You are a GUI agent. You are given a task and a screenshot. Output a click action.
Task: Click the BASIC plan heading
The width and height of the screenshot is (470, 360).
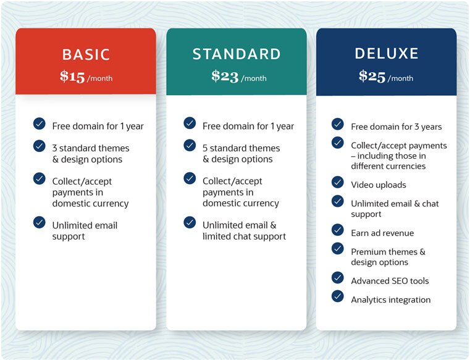tap(86, 54)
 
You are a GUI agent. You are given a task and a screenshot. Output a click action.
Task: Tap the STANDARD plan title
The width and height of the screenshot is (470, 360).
tap(237, 54)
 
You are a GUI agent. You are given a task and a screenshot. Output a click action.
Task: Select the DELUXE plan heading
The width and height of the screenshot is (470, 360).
tap(387, 54)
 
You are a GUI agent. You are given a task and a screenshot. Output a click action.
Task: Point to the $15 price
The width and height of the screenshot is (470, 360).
tap(72, 77)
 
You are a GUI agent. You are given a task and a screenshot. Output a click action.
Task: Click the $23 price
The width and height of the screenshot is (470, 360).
tap(225, 76)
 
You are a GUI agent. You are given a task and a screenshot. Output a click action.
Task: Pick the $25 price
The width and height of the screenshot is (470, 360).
tap(372, 76)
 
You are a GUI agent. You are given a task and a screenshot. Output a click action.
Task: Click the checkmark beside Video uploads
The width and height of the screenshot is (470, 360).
tap(337, 182)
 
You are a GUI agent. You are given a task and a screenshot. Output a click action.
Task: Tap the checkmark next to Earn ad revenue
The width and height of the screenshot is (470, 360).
tap(337, 230)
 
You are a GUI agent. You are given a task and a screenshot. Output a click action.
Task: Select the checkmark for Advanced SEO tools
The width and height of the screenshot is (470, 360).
tap(337, 278)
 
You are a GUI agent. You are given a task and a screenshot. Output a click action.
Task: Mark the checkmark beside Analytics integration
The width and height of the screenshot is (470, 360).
tap(337, 296)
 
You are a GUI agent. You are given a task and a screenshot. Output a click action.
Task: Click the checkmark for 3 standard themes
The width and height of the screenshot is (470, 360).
tap(40, 146)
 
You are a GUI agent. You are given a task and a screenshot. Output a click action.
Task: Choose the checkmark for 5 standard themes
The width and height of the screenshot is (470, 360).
tap(190, 145)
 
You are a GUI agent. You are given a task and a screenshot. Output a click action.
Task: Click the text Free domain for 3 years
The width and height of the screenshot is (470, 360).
tap(397, 127)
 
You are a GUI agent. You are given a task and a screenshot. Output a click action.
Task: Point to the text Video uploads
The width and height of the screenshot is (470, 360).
tap(379, 185)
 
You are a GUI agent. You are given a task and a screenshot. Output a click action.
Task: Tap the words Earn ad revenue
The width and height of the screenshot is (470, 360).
tap(382, 233)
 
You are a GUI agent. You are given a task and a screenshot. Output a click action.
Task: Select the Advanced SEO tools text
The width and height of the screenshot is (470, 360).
tap(390, 281)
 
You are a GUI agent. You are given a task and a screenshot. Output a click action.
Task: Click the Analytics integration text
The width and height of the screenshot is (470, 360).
tap(391, 299)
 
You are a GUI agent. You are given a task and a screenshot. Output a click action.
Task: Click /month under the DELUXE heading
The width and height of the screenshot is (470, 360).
tap(400, 78)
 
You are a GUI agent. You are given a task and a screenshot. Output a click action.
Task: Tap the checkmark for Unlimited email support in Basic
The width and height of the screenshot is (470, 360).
tap(40, 222)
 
